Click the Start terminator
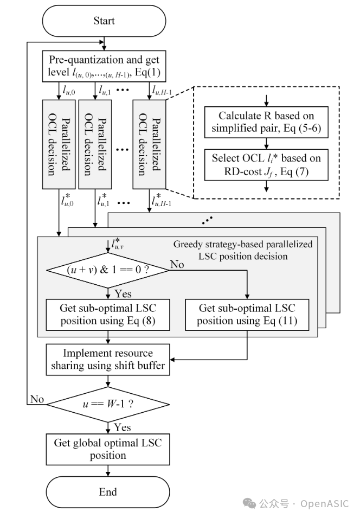click(x=104, y=21)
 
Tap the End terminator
click(x=108, y=492)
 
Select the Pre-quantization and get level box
click(x=105, y=66)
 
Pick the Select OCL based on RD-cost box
click(x=266, y=164)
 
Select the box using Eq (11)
click(x=247, y=315)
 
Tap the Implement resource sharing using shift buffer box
click(x=107, y=358)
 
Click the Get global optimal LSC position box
click(x=108, y=448)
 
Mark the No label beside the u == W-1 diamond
click(x=37, y=399)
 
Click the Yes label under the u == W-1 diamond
click(x=123, y=428)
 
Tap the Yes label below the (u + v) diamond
click(x=123, y=293)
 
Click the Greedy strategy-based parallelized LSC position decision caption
click(x=243, y=250)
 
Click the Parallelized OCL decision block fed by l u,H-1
click(x=149, y=144)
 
